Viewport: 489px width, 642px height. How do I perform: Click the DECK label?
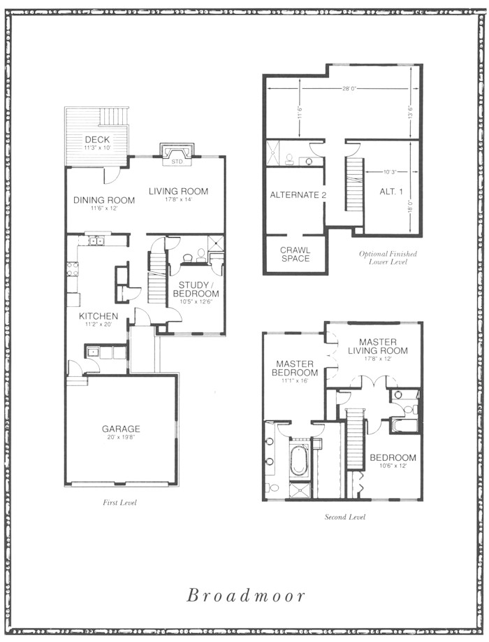97,140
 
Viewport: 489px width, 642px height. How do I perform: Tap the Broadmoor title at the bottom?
246,595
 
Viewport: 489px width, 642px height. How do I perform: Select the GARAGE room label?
121,429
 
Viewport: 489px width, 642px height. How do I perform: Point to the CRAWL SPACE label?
295,255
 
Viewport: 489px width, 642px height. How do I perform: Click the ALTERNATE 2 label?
298,195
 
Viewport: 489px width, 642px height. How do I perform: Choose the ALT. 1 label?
391,191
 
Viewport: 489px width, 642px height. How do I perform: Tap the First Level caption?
119,502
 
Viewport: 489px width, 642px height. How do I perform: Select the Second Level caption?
345,517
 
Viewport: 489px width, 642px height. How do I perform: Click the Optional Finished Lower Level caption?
388,257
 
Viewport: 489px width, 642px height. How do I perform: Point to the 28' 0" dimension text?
348,88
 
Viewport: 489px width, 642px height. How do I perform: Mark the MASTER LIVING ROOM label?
378,346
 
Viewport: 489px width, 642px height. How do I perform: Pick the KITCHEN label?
98,316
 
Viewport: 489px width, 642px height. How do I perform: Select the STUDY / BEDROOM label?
196,289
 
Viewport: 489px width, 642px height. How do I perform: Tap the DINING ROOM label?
104,200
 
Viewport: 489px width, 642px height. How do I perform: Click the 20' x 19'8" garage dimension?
121,437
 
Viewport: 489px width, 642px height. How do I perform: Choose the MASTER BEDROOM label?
295,368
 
